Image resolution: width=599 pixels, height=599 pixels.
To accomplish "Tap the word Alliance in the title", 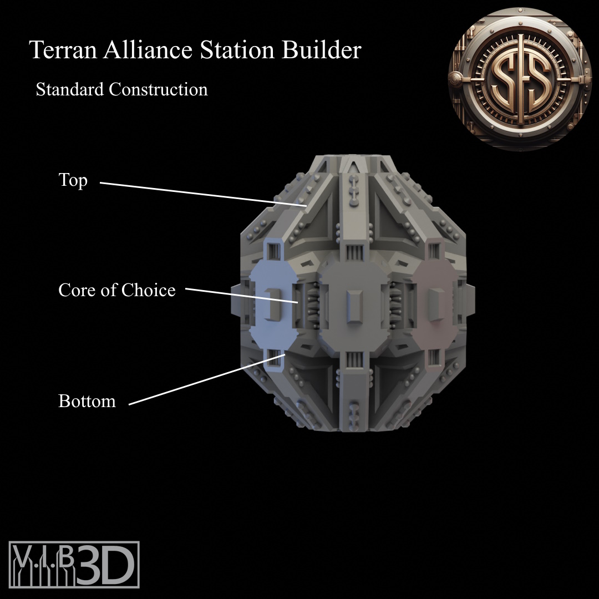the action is point(148,50).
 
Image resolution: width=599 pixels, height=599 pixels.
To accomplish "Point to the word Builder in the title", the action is point(322,50).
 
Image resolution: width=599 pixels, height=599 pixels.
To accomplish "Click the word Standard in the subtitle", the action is point(70,89).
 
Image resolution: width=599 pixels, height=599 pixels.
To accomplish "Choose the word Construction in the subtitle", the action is point(159,89).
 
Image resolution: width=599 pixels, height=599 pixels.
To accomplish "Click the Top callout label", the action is point(73,180).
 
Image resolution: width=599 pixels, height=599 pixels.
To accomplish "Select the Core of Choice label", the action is point(117,290).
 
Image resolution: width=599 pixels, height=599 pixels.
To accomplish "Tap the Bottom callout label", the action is point(87,401).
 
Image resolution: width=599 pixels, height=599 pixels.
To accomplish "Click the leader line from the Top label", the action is point(204,195).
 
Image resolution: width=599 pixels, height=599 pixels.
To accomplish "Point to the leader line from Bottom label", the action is point(207,379).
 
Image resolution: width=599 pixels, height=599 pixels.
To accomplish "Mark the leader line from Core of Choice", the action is point(242,295).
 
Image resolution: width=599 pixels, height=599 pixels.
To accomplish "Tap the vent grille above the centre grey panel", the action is point(354,253).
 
